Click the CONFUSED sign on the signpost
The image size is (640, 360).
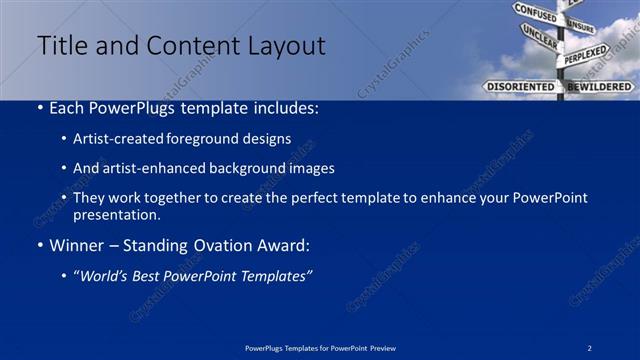(535, 14)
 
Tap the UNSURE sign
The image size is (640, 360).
(580, 27)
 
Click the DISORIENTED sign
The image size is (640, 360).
(520, 87)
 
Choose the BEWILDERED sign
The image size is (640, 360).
(600, 87)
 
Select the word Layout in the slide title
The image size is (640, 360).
(281, 46)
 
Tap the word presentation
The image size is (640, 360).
(117, 214)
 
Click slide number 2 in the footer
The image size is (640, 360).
(590, 347)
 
